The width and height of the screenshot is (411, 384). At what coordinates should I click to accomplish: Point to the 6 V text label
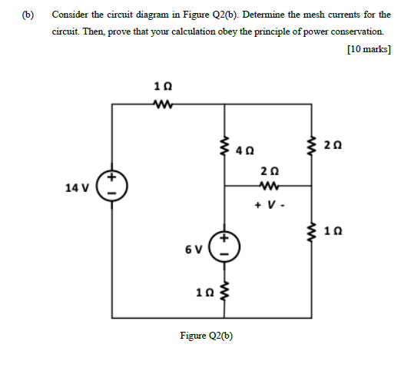[x=193, y=249]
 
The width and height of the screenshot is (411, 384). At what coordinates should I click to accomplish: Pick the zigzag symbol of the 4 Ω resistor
[x=225, y=143]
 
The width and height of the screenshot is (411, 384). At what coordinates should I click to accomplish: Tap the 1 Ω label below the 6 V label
[x=205, y=291]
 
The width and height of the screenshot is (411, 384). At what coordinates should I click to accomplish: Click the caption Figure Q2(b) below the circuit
[x=206, y=336]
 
